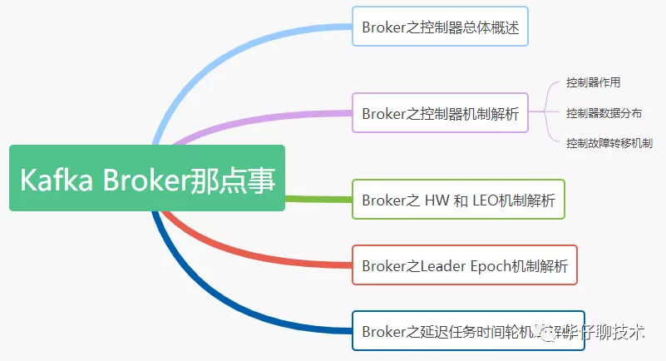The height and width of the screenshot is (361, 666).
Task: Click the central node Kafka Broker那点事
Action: (x=147, y=178)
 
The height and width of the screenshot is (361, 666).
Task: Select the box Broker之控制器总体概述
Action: (x=440, y=27)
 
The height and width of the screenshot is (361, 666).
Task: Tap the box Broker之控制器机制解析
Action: (x=440, y=113)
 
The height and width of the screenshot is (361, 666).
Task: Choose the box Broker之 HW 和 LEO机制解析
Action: (x=458, y=200)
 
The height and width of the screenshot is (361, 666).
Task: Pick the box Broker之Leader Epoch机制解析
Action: (x=465, y=266)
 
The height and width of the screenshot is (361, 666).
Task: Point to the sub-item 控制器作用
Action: (x=593, y=82)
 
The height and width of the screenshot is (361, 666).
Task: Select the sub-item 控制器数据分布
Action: (x=604, y=112)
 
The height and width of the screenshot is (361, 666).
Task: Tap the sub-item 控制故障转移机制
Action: (x=609, y=143)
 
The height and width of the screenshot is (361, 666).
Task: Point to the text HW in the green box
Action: (x=437, y=200)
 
